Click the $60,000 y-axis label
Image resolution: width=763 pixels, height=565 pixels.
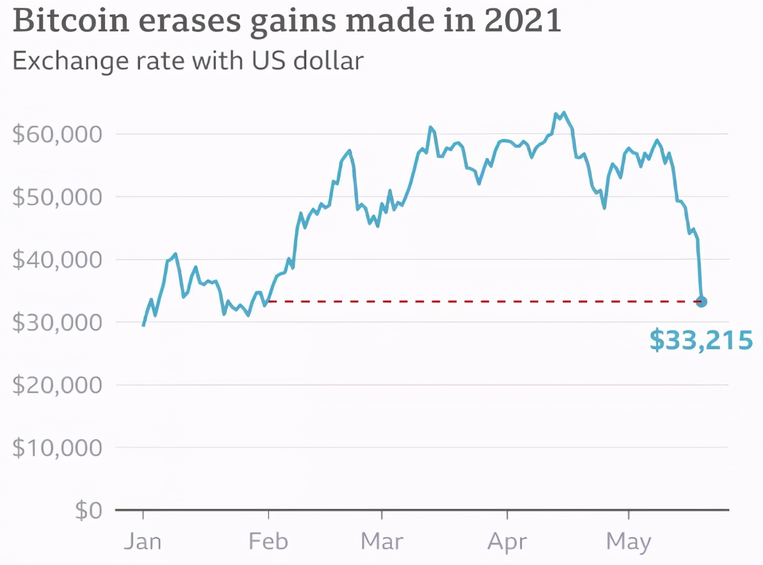(57, 134)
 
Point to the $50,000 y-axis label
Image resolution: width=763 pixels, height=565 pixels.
(57, 197)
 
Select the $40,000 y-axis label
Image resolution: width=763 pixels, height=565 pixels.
(57, 260)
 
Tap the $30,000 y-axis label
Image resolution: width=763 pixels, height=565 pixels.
(57, 323)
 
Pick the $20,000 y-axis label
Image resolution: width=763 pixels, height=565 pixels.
(57, 385)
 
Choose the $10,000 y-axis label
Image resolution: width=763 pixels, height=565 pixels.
(57, 448)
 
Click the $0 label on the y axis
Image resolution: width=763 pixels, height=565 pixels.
(89, 511)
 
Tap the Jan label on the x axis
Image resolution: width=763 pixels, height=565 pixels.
(143, 541)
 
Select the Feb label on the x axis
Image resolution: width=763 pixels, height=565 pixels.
(268, 541)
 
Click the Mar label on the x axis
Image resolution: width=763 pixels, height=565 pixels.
(382, 541)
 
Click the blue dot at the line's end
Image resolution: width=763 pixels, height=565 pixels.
(701, 302)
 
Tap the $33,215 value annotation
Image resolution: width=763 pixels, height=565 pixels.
(701, 341)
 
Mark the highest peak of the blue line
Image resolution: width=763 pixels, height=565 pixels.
(563, 113)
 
